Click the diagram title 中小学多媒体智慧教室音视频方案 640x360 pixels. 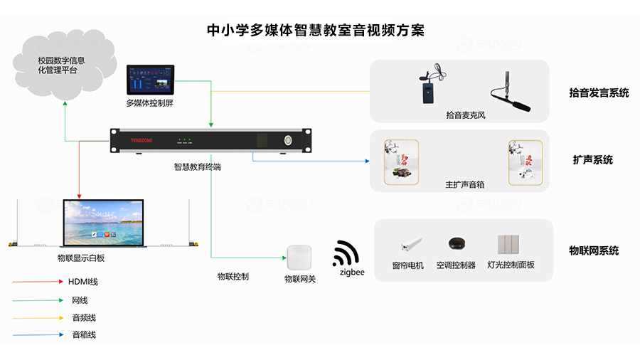point(315,31)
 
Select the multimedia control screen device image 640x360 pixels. point(150,80)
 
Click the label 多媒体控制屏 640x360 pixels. point(149,104)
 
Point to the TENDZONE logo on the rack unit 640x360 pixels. point(142,141)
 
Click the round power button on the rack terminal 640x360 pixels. point(289,140)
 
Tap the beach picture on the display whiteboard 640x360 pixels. point(103,222)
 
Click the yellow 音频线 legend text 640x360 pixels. point(83,317)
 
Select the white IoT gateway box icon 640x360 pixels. point(299,257)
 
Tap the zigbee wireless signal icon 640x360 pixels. point(346,253)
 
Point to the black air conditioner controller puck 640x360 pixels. point(456,244)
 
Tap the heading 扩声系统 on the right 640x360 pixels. point(592,160)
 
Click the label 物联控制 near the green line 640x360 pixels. point(233,276)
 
